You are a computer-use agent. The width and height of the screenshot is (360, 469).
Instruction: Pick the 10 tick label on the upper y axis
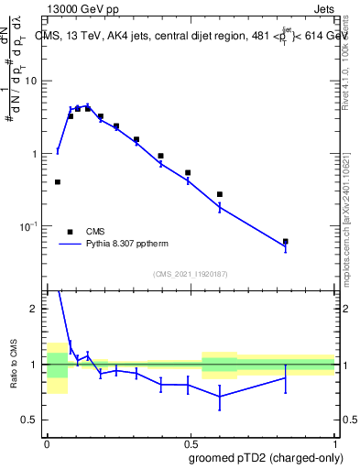click(31, 82)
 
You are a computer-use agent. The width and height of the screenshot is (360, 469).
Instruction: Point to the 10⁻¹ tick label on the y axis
click(29, 226)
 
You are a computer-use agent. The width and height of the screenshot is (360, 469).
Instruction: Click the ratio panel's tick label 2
click(37, 310)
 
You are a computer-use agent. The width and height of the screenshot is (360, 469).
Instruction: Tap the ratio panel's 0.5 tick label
click(32, 420)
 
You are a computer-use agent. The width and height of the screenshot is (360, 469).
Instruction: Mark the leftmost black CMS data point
click(58, 182)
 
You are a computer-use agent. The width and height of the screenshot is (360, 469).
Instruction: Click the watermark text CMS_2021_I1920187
click(190, 274)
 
